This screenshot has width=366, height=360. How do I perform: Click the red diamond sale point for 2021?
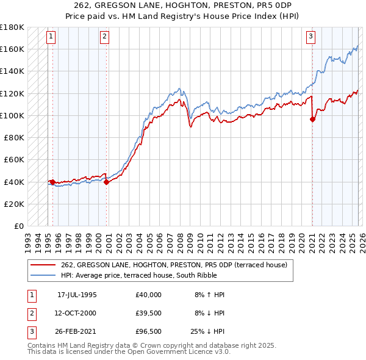tap(312, 120)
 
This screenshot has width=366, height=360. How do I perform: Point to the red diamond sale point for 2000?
tap(106, 182)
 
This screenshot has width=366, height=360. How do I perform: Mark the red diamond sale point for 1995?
tap(52, 182)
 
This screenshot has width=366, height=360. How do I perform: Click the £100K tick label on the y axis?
tap(12, 115)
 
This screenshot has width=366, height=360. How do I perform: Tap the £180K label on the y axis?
tap(12, 27)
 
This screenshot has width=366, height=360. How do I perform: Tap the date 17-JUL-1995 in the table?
tap(77, 295)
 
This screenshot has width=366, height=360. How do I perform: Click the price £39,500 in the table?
tap(148, 313)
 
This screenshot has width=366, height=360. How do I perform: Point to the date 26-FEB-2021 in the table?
tap(77, 332)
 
